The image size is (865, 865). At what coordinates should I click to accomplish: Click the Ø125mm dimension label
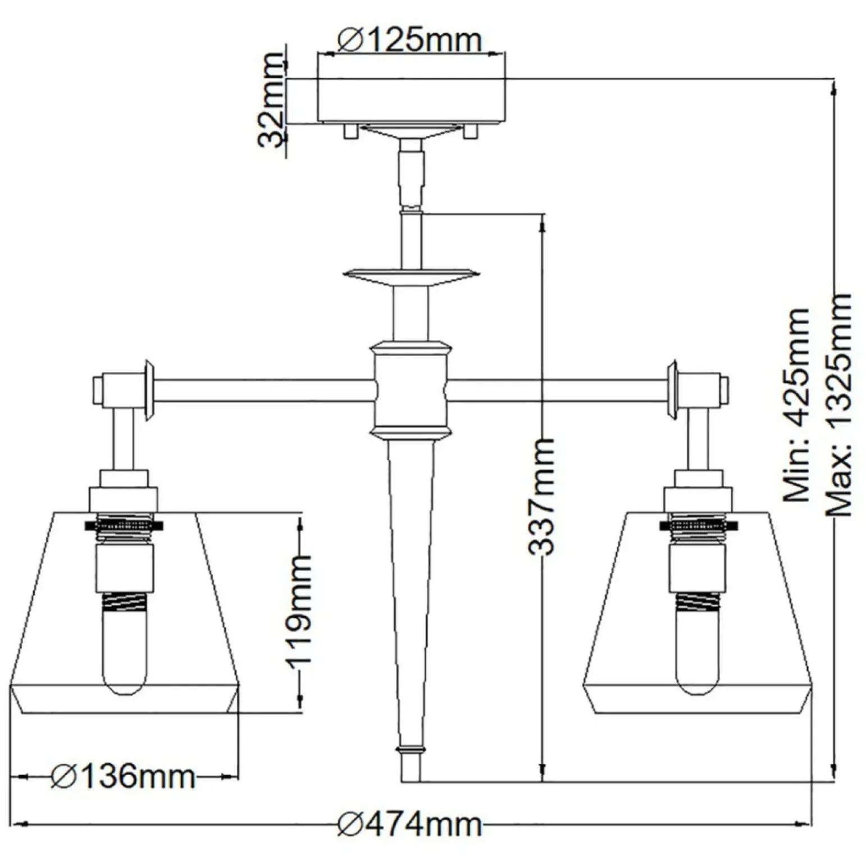click(409, 40)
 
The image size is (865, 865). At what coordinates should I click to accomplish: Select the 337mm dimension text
click(542, 497)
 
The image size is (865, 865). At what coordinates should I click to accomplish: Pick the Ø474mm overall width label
click(409, 825)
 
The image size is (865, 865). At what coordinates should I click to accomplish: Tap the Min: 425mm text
click(796, 404)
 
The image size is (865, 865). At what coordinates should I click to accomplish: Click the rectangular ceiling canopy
click(411, 101)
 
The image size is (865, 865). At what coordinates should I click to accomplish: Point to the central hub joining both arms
click(411, 390)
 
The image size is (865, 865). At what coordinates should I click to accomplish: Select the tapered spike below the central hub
click(411, 562)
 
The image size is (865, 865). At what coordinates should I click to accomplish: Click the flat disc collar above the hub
click(411, 275)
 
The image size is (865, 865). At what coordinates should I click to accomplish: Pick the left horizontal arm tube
click(264, 390)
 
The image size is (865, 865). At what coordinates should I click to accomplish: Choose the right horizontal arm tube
click(559, 390)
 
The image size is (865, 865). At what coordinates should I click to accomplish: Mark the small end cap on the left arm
click(97, 389)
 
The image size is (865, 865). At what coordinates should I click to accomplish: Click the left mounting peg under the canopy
click(349, 131)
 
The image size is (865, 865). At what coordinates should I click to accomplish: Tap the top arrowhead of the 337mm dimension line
click(543, 224)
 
